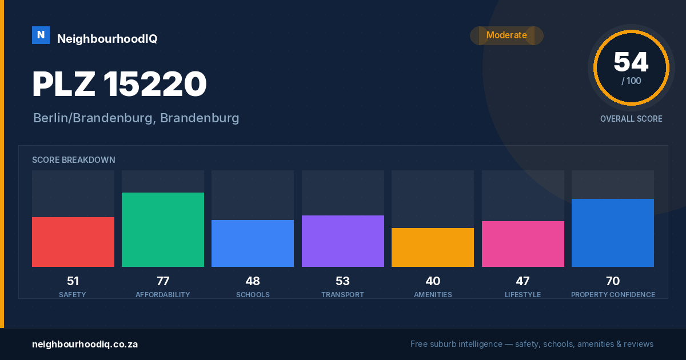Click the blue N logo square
coord(41,35)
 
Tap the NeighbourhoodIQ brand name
coord(107,39)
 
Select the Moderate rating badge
coord(506,35)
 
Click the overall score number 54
coord(631,62)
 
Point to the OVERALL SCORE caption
coord(631,119)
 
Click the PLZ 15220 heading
coord(119,83)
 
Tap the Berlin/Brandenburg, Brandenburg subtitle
coord(136,118)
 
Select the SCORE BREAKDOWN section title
coord(74,160)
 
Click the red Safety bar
coord(73,242)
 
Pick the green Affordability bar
coord(163,230)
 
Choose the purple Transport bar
coord(342,241)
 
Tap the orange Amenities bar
coord(433,247)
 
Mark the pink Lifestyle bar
coord(523,244)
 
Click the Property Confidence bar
coord(613,233)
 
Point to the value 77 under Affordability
coord(163,281)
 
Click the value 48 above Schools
coord(253,281)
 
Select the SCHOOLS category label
coord(253,294)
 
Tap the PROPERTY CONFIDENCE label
coord(613,294)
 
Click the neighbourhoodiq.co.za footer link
coord(85,345)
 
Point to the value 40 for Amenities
coord(433,281)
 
